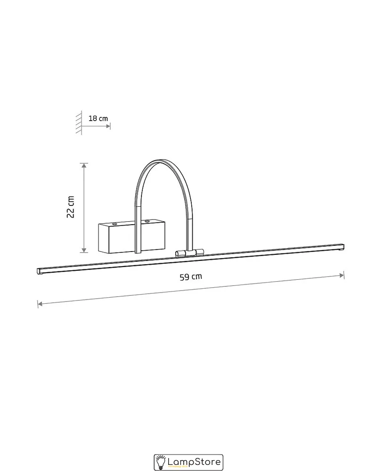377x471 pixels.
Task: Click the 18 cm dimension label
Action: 98,118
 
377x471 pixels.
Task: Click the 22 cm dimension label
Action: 70,207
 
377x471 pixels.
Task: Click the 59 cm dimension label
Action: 190,276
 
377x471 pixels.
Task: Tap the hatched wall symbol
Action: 79,122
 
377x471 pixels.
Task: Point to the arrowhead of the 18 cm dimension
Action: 108,126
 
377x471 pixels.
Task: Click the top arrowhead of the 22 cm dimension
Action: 84,165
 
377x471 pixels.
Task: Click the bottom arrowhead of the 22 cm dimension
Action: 84,250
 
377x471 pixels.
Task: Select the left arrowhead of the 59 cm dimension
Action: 40,304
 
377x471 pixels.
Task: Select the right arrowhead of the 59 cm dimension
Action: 342,276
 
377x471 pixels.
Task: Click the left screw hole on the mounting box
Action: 115,224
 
